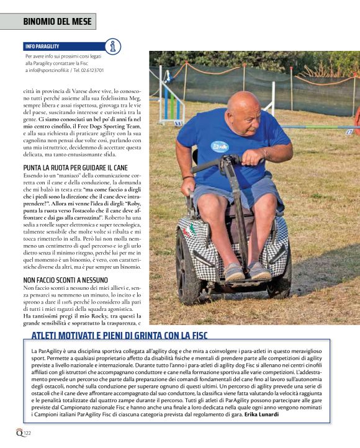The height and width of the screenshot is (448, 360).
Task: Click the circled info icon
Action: coord(113,46)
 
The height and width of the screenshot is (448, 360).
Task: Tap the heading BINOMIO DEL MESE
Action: coord(57,22)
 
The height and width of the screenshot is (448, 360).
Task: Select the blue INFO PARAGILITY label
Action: coord(42,47)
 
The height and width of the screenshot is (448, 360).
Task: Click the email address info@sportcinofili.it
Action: coord(47,71)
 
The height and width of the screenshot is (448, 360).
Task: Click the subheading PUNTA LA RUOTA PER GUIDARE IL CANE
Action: coord(74,168)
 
